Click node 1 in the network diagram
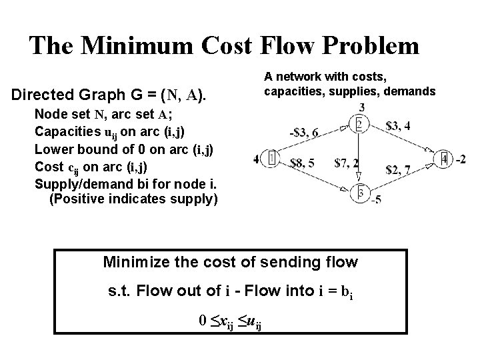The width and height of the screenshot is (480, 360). [x=272, y=159]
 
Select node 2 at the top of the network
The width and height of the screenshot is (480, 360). [x=359, y=125]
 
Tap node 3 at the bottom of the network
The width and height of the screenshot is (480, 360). [x=359, y=193]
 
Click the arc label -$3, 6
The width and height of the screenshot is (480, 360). [x=304, y=133]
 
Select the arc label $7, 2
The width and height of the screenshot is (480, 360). [x=347, y=162]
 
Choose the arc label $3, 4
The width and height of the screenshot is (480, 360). [x=398, y=125]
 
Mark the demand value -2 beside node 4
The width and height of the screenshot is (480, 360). [x=461, y=159]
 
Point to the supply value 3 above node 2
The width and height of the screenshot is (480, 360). [x=361, y=107]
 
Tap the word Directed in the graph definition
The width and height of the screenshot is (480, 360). [x=42, y=95]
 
